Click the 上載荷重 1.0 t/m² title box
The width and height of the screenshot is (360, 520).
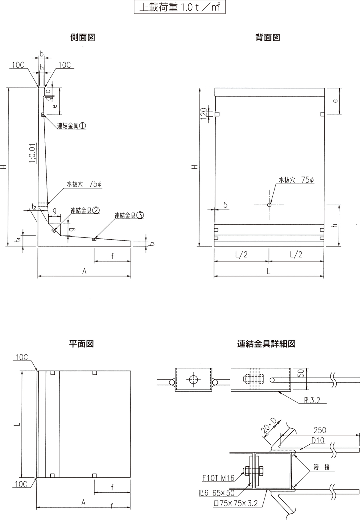[x=179, y=8]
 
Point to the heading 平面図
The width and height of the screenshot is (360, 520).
[x=82, y=343]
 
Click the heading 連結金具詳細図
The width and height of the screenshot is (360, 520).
[x=266, y=343]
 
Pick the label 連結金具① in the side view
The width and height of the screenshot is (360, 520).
[x=72, y=126]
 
